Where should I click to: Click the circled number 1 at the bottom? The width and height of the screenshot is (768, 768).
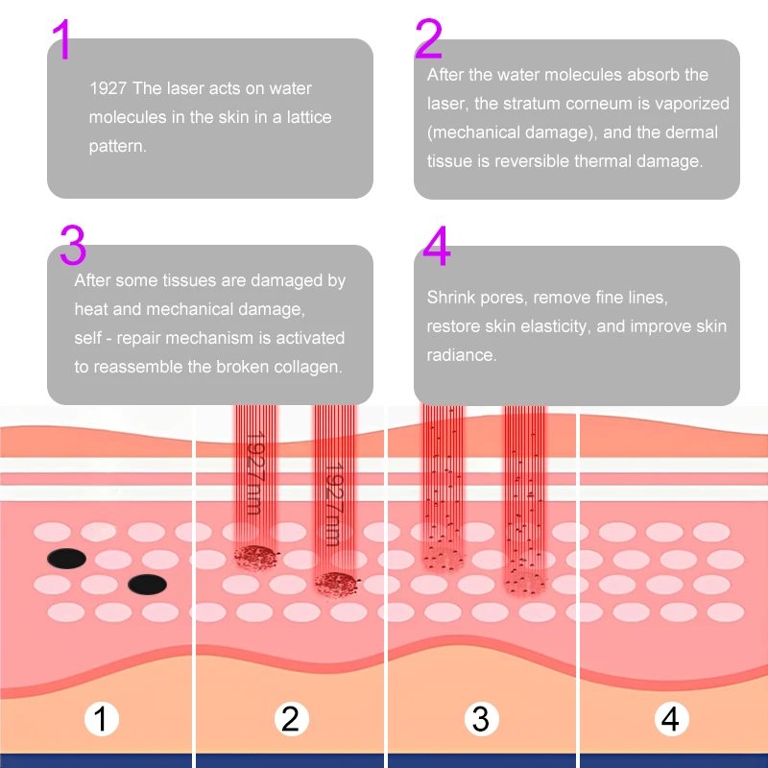click(101, 718)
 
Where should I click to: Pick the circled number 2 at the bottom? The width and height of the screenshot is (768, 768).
click(290, 718)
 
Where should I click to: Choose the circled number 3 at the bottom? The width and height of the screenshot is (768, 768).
click(481, 718)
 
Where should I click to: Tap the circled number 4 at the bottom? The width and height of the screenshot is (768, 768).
click(671, 718)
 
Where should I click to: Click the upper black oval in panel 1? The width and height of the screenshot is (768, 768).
click(67, 558)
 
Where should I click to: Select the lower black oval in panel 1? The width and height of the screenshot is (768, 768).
click(147, 584)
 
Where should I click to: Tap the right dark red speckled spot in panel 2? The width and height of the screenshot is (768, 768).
click(335, 581)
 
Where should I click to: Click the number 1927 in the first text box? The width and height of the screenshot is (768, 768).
click(108, 89)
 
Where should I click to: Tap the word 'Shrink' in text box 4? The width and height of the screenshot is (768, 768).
click(450, 298)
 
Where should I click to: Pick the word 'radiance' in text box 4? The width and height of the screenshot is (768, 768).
click(461, 355)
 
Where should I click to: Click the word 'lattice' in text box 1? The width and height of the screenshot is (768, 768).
click(308, 118)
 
